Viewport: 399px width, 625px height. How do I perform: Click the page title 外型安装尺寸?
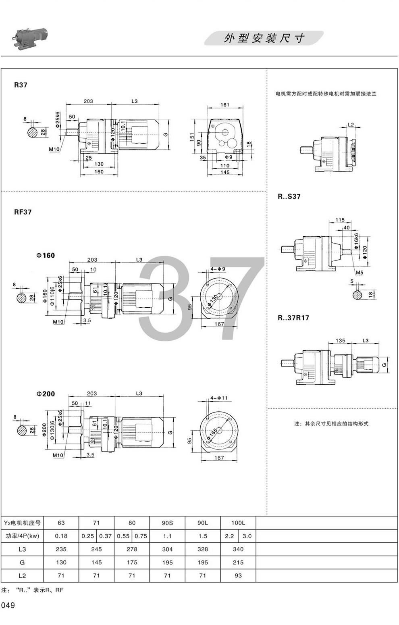click(264, 38)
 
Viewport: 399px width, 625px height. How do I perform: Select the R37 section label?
click(21, 85)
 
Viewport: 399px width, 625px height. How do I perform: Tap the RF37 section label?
click(23, 212)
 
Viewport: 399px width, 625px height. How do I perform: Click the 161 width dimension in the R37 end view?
click(225, 105)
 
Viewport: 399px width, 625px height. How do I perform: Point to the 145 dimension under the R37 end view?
click(225, 172)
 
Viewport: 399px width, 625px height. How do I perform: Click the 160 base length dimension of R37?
click(99, 172)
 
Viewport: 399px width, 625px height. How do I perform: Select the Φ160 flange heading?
click(46, 255)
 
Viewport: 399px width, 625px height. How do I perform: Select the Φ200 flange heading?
click(46, 394)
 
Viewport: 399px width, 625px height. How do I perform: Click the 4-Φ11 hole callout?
click(219, 398)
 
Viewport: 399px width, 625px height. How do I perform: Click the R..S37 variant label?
click(289, 197)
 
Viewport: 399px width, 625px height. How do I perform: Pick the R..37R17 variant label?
click(293, 317)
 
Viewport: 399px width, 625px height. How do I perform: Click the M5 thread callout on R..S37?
click(359, 273)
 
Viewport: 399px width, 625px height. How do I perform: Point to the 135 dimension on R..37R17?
click(341, 340)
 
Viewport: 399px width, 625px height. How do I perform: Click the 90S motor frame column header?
click(167, 523)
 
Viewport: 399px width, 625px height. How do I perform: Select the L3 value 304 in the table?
click(167, 549)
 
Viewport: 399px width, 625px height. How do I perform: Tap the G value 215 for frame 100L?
click(238, 562)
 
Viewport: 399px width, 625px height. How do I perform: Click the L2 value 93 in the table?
click(238, 575)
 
